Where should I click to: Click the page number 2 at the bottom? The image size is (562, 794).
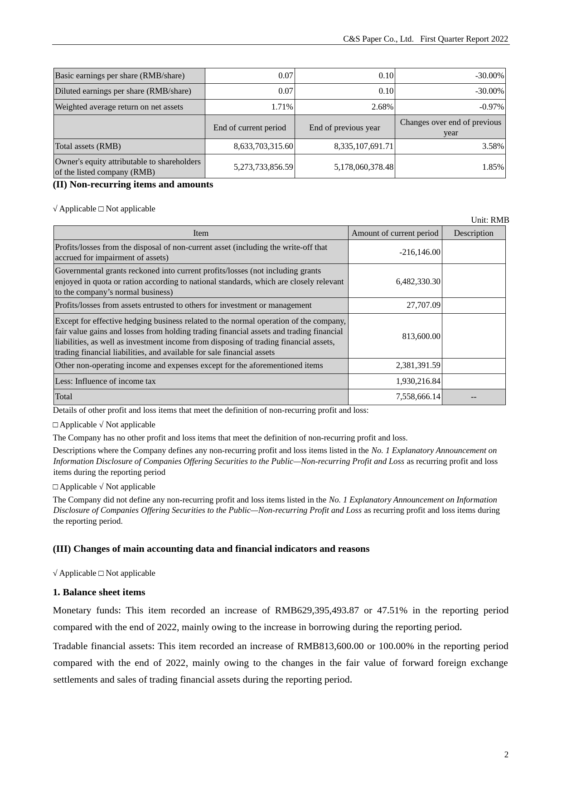pos(506,754)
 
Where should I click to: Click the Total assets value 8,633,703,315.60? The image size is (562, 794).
pos(263,146)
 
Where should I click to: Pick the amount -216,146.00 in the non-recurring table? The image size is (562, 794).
pos(420,252)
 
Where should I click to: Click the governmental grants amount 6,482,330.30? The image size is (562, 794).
pos(418,281)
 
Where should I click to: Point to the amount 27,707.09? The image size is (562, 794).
pos(423,305)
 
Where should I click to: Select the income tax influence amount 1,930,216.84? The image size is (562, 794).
pos(418,381)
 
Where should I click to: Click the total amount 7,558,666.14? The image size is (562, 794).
pos(418,397)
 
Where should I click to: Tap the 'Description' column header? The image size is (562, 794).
pos(473,233)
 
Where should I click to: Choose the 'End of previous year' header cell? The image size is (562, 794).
pos(344,128)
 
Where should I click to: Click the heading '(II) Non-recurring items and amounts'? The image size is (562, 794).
pos(133,185)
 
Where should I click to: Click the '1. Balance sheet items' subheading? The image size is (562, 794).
pos(99,592)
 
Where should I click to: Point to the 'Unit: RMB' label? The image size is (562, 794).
pos(489,220)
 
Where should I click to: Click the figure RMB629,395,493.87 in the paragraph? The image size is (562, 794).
pos(317,610)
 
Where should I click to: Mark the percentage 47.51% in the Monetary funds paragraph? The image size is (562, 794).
pos(392,610)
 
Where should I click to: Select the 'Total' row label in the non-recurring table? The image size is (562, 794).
pos(64,397)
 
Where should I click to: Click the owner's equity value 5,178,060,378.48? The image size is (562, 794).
pos(363,167)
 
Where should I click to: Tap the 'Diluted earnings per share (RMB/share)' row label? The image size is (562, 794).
pos(123,91)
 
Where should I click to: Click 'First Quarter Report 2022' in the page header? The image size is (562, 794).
pos(464,39)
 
